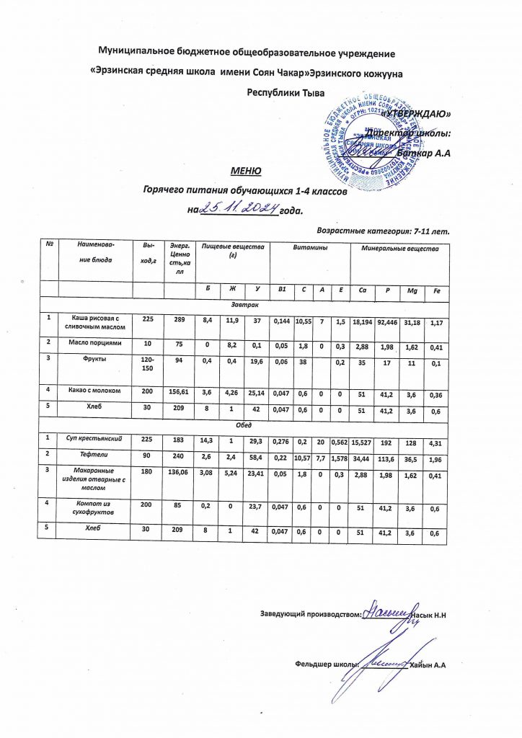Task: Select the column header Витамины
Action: point(309,248)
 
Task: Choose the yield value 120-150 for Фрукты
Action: point(146,364)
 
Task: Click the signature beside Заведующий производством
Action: point(388,614)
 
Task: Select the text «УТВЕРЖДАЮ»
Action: point(417,114)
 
